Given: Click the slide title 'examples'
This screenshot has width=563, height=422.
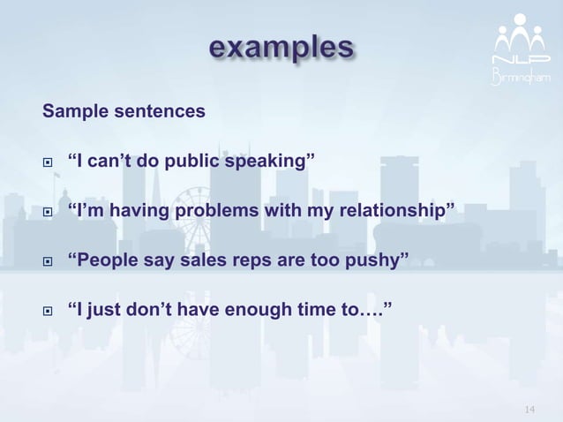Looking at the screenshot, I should coord(281,47).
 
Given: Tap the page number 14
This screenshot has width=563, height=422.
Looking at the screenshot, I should coord(529,409).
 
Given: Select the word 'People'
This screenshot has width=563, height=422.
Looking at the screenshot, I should coord(109,260).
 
